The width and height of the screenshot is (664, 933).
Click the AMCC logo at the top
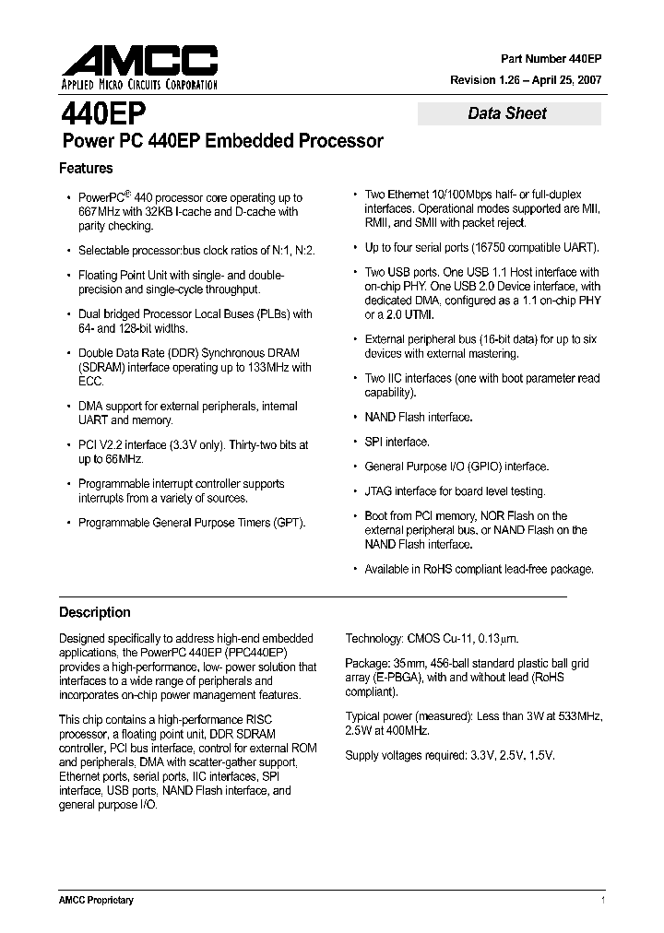(x=140, y=61)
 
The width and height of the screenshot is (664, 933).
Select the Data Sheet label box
(x=508, y=113)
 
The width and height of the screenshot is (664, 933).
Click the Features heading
(x=86, y=169)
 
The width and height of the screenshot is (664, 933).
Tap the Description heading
(x=95, y=612)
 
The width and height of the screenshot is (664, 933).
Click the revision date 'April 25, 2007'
(x=563, y=80)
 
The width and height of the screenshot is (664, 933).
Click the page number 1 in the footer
(x=602, y=900)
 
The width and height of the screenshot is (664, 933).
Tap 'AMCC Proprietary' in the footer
(x=97, y=900)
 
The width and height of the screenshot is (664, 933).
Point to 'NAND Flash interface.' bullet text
(x=419, y=417)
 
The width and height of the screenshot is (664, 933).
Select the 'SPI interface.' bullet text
(x=397, y=442)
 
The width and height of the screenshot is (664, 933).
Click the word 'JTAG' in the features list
(x=380, y=491)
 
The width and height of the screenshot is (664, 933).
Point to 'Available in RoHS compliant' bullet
(x=479, y=569)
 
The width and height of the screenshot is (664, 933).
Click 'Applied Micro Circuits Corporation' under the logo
(x=139, y=86)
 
